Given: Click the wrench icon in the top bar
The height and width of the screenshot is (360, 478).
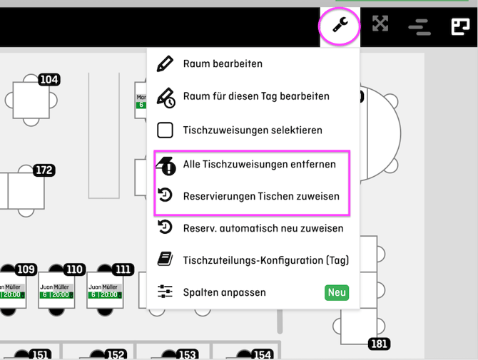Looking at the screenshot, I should [340, 26].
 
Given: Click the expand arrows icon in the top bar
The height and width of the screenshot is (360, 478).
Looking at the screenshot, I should [380, 24].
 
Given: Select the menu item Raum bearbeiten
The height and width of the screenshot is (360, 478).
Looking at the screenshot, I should [223, 63].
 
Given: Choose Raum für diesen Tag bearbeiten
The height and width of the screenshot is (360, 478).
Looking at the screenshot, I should [255, 96].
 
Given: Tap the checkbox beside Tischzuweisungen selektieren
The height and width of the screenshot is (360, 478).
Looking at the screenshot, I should [165, 130].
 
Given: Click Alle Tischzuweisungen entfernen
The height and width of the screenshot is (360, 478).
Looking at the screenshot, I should [259, 164].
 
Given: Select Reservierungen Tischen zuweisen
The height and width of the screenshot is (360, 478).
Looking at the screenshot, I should [261, 196].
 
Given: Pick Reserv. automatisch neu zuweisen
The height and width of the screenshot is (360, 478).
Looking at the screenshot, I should [263, 228].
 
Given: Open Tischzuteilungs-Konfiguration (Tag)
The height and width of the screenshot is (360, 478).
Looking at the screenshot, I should [265, 260].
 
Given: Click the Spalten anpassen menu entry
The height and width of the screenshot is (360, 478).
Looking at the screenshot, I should [224, 292].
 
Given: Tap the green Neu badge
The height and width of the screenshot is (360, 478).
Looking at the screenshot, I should [337, 292].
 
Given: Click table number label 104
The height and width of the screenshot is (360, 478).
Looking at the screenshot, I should [49, 79].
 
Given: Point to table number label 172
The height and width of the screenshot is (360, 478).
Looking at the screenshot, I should [44, 170].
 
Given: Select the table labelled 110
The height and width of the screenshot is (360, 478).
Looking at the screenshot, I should [73, 269].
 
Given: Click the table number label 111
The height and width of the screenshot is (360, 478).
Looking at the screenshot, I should [123, 269].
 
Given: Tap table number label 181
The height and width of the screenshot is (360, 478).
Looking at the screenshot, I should [379, 344].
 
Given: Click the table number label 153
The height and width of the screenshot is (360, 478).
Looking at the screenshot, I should [187, 354].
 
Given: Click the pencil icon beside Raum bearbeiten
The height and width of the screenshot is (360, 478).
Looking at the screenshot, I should [165, 63].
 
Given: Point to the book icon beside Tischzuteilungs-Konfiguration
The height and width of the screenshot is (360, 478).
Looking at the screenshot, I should [165, 260].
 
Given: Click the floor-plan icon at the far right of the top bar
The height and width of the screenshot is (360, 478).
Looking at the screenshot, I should [459, 26].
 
